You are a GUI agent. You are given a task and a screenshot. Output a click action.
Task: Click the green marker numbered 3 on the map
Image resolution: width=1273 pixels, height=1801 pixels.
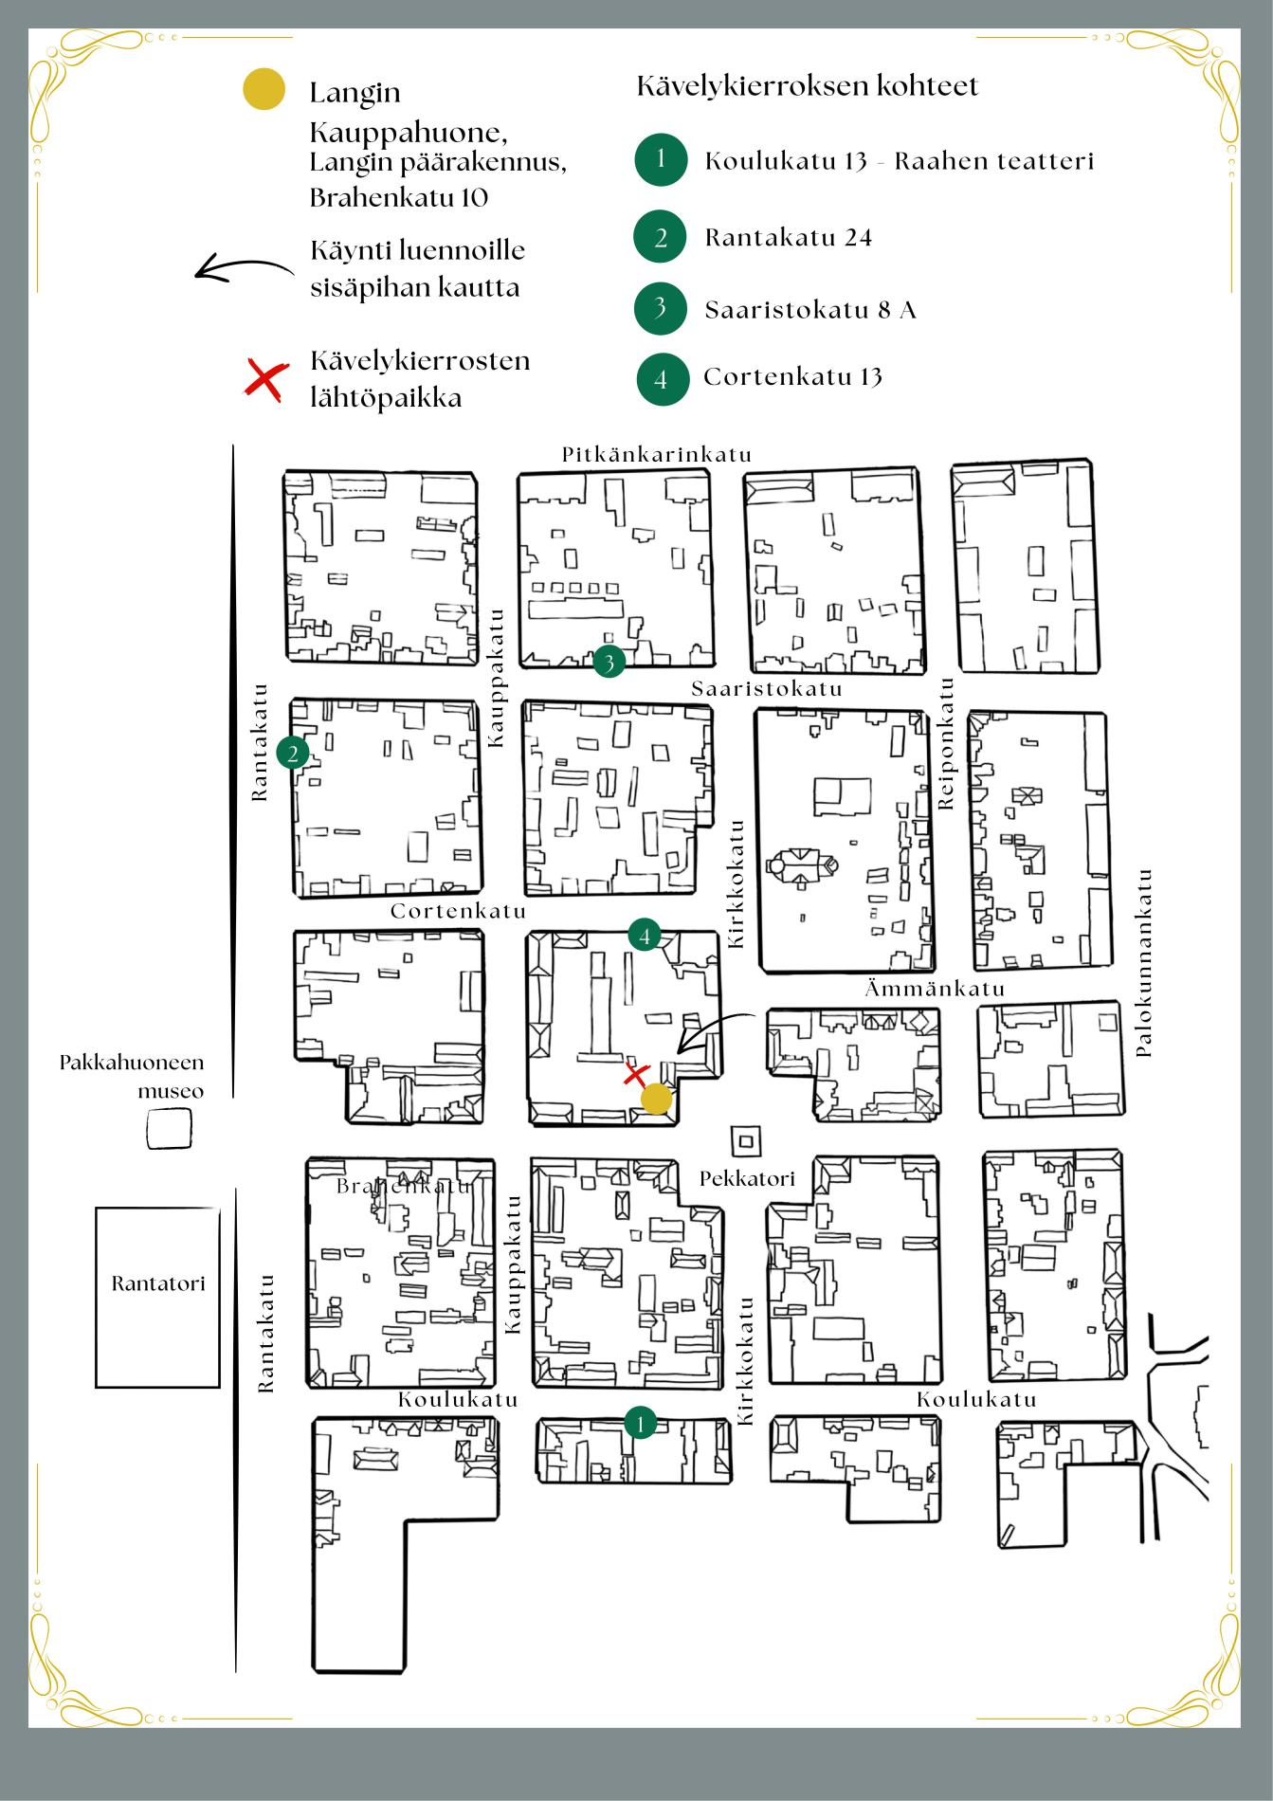(x=609, y=662)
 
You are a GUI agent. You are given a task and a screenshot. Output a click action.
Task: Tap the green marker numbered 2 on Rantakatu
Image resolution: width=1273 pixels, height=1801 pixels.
(x=293, y=754)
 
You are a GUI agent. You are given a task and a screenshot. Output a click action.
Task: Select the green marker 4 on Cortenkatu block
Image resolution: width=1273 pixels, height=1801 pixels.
(x=645, y=936)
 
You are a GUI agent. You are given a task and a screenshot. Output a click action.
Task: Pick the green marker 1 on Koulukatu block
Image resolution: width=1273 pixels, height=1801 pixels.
(x=641, y=1423)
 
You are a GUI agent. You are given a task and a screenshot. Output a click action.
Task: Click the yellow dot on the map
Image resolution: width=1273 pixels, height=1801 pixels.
(x=656, y=1100)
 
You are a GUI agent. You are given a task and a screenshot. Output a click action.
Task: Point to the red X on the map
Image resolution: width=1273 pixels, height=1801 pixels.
(x=635, y=1075)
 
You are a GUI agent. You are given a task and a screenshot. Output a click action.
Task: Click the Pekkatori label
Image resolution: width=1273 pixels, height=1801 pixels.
(x=747, y=1178)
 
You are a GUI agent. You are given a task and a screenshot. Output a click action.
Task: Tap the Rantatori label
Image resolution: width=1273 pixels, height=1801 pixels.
(x=158, y=1283)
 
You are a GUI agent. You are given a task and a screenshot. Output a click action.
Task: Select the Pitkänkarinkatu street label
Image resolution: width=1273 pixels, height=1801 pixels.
(x=657, y=454)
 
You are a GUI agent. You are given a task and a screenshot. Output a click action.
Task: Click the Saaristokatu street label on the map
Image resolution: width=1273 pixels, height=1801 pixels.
(x=767, y=688)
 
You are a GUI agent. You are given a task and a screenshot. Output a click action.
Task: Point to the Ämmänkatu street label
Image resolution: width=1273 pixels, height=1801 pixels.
(x=935, y=989)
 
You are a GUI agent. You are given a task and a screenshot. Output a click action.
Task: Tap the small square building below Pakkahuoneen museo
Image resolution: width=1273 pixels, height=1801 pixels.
(x=169, y=1128)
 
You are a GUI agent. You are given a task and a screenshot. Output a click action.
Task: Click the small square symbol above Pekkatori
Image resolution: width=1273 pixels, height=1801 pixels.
(x=745, y=1140)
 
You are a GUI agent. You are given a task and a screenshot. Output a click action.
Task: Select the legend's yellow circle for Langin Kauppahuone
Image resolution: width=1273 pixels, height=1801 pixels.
(x=264, y=89)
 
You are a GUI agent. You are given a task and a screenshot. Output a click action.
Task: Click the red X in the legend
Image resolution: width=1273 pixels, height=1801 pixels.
(x=266, y=378)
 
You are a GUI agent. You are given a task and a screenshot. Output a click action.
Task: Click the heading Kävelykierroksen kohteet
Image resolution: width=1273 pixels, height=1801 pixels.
(x=808, y=86)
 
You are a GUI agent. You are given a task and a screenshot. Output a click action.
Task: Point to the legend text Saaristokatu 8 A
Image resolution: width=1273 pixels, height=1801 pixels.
(x=810, y=310)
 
